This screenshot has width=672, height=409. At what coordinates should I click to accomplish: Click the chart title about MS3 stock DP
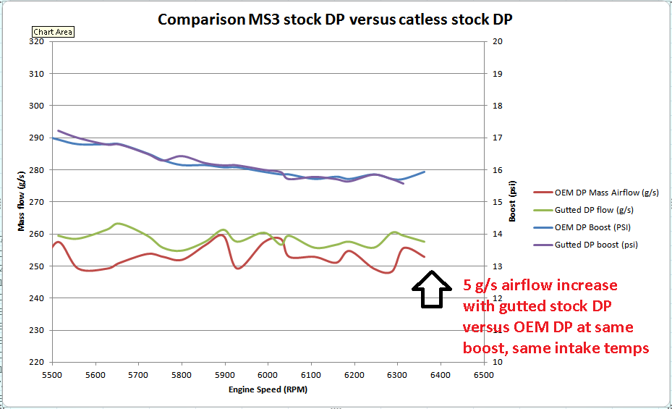pos(336,19)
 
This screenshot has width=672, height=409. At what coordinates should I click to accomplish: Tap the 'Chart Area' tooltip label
pos(54,33)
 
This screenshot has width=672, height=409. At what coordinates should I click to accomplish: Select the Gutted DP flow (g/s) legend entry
pos(594,210)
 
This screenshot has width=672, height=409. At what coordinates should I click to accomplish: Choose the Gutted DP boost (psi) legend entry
pos(596,245)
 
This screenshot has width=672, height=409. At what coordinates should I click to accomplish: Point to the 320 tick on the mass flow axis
pos(37,41)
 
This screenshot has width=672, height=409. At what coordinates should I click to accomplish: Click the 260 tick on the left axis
pos(37,234)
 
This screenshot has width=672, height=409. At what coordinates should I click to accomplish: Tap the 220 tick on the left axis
pos(37,362)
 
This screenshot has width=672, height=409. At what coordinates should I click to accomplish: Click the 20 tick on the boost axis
pos(498,41)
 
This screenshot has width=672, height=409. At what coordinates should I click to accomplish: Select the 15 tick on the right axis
pos(498,202)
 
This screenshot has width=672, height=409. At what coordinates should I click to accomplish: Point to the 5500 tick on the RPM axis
pos(53,375)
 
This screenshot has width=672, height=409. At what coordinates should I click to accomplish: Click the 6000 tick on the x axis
pos(268,375)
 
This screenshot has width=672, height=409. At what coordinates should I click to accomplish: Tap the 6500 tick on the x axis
pos(482,375)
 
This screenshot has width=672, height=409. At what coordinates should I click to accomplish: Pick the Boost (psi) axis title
pos(513,202)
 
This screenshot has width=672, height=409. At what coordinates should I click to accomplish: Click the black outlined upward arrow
pos(432,290)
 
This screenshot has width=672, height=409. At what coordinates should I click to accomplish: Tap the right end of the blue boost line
pos(424,172)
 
